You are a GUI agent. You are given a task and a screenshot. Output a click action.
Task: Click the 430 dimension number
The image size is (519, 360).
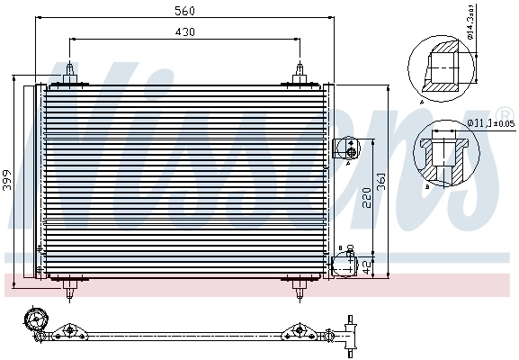click(x=185, y=31)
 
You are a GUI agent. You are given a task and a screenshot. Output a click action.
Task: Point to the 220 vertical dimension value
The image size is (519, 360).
click(x=365, y=198)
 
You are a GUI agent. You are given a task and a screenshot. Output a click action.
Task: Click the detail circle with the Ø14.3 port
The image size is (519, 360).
click(x=438, y=68)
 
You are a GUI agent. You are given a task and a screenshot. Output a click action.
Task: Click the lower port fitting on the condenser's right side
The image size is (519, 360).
click(x=344, y=265)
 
